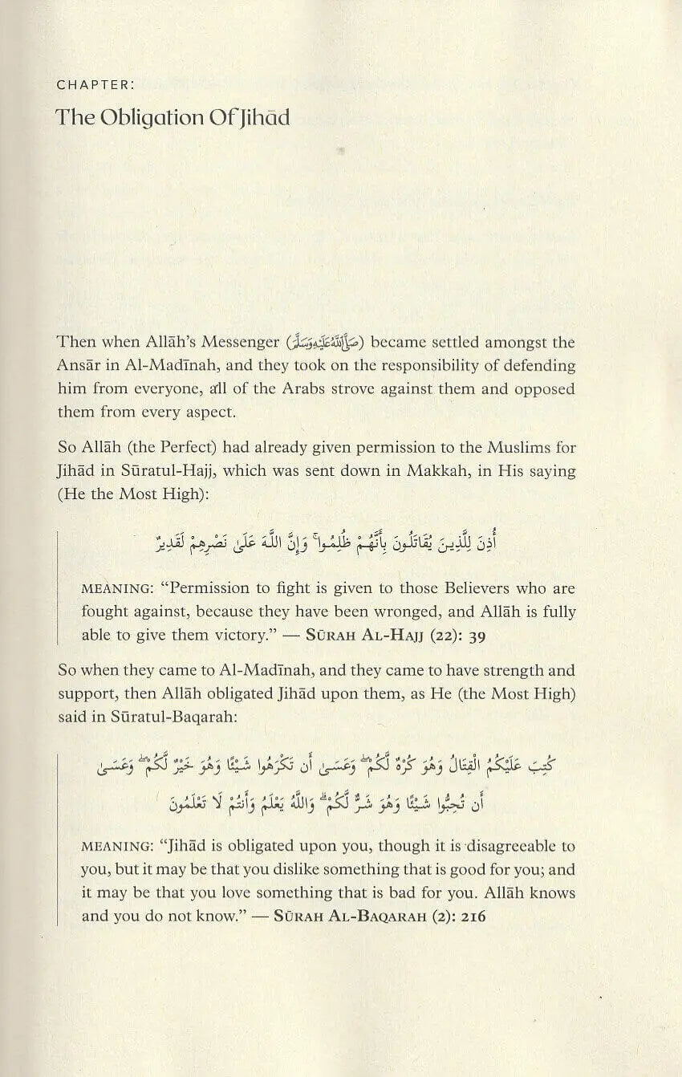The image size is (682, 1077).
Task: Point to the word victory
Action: point(225,634)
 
